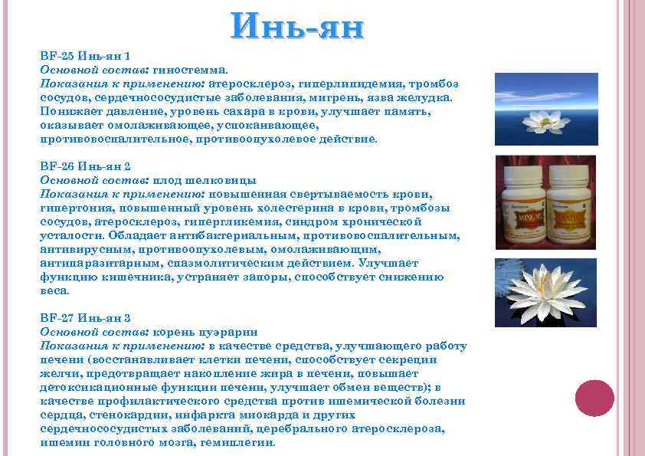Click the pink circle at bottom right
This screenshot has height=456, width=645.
594,399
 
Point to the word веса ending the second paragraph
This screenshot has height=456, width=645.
54,290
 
